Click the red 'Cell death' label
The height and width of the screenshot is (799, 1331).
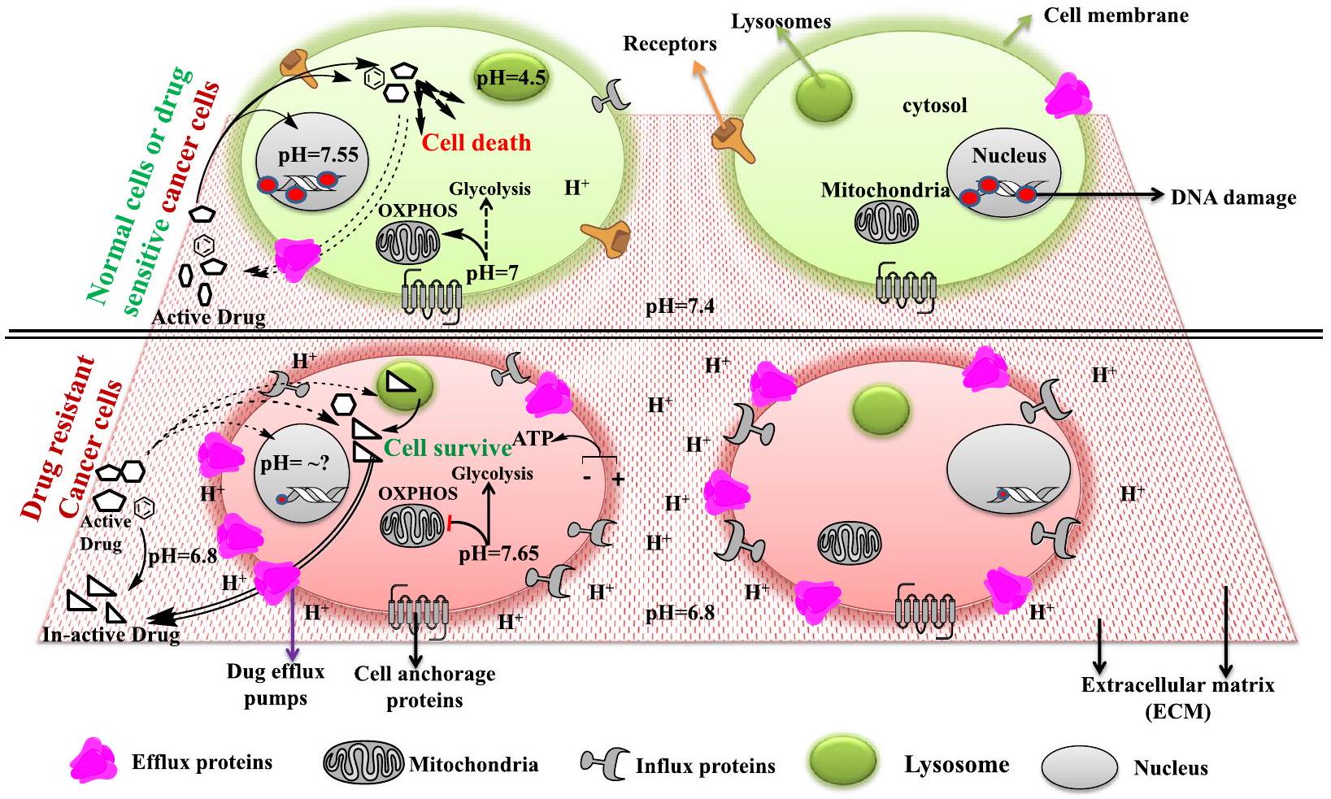pyautogui.click(x=476, y=142)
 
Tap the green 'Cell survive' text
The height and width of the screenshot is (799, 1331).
pyautogui.click(x=446, y=447)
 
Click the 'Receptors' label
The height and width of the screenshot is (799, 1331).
pyautogui.click(x=670, y=43)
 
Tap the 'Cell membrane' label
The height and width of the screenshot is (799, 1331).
pyautogui.click(x=1116, y=15)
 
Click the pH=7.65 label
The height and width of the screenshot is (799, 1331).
pyautogui.click(x=498, y=554)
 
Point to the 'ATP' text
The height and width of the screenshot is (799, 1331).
pyautogui.click(x=533, y=438)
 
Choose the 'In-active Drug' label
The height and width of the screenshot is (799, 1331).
pyautogui.click(x=111, y=634)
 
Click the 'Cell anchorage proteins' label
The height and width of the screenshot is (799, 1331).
pyautogui.click(x=424, y=687)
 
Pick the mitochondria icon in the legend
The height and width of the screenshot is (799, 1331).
pyautogui.click(x=363, y=763)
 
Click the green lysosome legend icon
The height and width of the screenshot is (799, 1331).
pyautogui.click(x=842, y=762)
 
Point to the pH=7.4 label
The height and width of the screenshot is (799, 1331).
pyautogui.click(x=680, y=307)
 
